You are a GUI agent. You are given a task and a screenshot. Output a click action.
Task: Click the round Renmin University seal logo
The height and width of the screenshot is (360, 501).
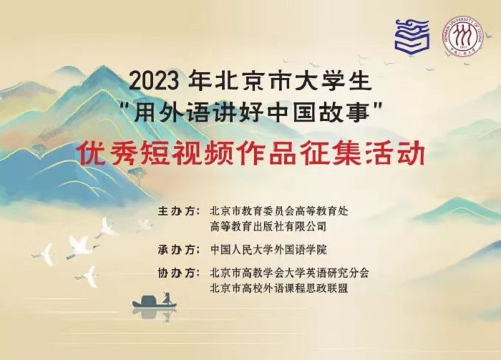(462, 37)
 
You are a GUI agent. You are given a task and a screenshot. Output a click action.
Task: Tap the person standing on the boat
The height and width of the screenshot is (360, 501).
(166, 296)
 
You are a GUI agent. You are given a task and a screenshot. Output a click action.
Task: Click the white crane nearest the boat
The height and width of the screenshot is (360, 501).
(89, 275)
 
